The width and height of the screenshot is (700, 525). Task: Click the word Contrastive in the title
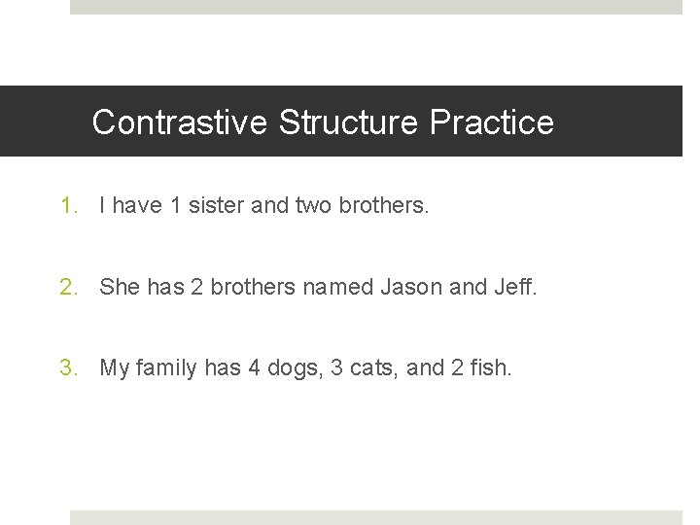(180, 122)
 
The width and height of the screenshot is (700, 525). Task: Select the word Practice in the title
(492, 122)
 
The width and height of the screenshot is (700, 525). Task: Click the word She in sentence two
(120, 287)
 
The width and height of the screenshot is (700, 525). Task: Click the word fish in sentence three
(489, 367)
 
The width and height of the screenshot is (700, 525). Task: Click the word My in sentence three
(115, 367)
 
